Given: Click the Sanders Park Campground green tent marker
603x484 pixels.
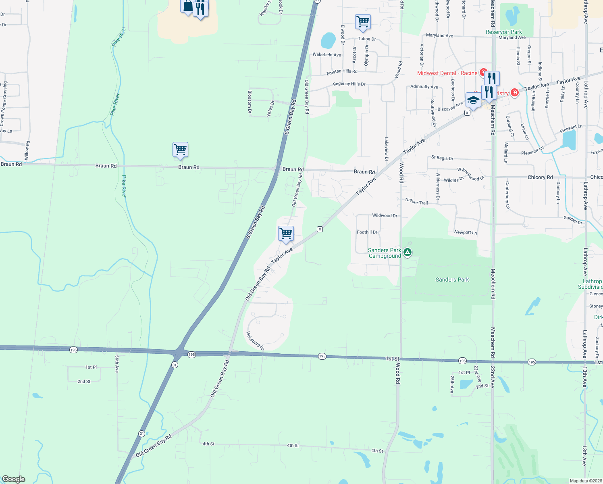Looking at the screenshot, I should click(408, 252).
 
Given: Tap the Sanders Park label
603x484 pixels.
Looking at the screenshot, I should click(452, 280).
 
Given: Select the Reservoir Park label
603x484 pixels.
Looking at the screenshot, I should click(503, 32).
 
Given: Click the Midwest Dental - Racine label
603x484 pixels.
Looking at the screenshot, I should click(447, 73).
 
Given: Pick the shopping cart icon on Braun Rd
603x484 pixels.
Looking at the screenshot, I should click(180, 150).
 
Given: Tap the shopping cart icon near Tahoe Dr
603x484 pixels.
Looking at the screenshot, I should click(363, 22).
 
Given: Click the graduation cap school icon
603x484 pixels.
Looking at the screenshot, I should click(473, 100).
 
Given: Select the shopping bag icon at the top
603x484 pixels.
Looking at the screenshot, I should click(188, 6).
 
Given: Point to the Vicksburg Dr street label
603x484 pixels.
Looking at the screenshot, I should click(255, 340).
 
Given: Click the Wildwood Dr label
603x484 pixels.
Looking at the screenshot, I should click(385, 215).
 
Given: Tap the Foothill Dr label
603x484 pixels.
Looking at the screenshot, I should click(367, 232).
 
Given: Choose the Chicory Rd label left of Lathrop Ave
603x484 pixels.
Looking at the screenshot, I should click(540, 177).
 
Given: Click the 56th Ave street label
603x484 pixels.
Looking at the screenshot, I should click(117, 364).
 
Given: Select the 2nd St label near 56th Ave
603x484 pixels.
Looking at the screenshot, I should click(84, 381).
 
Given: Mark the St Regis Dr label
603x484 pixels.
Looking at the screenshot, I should click(442, 158).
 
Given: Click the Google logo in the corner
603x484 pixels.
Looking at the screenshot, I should click(14, 479).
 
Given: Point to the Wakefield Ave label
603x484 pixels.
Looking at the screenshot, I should click(326, 54).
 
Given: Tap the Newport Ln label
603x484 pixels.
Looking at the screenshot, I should click(466, 232).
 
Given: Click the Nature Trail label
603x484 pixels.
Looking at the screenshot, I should click(416, 201).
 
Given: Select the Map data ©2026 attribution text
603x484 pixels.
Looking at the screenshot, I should click(585, 481).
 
